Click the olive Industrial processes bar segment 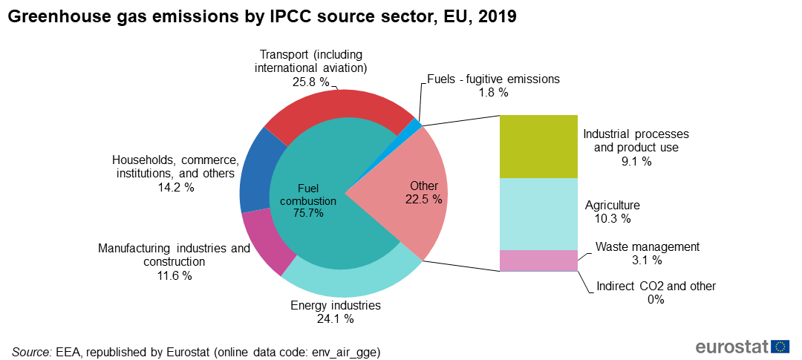pyautogui.click(x=538, y=146)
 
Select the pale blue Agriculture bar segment pyautogui.click(x=538, y=214)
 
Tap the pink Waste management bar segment pyautogui.click(x=538, y=261)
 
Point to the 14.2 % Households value pyautogui.click(x=175, y=188)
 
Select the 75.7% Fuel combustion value pyautogui.click(x=308, y=213)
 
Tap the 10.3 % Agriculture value pyautogui.click(x=612, y=218)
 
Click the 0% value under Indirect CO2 pyautogui.click(x=656, y=300)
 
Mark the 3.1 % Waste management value pyautogui.click(x=648, y=260)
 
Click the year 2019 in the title pyautogui.click(x=498, y=17)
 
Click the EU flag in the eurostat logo pyautogui.click(x=780, y=347)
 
